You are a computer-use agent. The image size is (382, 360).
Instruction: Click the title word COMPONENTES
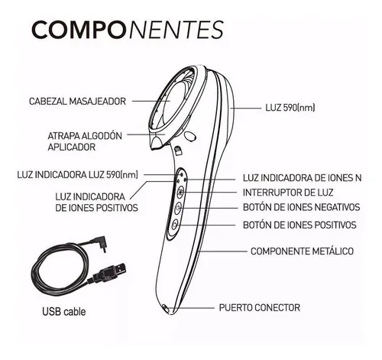128,30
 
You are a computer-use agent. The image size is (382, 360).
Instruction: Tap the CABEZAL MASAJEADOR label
77,101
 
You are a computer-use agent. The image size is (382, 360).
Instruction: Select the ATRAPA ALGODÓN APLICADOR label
85,141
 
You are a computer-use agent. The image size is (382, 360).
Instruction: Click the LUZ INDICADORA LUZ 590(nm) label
78,175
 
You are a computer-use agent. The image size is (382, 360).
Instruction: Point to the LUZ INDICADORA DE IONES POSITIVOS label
96,203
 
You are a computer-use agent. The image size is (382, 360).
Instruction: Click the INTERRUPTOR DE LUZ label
288,193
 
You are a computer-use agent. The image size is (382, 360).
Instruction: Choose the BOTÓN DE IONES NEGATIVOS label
302,207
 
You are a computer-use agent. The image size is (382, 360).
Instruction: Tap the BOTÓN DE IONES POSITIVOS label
299,225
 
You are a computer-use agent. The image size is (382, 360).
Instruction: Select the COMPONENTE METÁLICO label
302,251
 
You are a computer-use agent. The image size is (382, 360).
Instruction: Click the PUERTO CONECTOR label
260,307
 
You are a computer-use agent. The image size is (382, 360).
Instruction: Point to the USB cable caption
64,312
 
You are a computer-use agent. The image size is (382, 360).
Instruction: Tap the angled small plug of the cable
102,243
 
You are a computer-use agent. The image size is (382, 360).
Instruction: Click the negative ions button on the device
178,208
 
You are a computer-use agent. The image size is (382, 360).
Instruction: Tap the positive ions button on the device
175,225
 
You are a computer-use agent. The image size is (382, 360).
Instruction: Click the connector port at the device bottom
166,308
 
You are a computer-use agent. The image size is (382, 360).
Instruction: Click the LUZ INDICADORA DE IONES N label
302,178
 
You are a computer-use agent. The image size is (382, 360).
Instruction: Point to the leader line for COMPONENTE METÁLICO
223,251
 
